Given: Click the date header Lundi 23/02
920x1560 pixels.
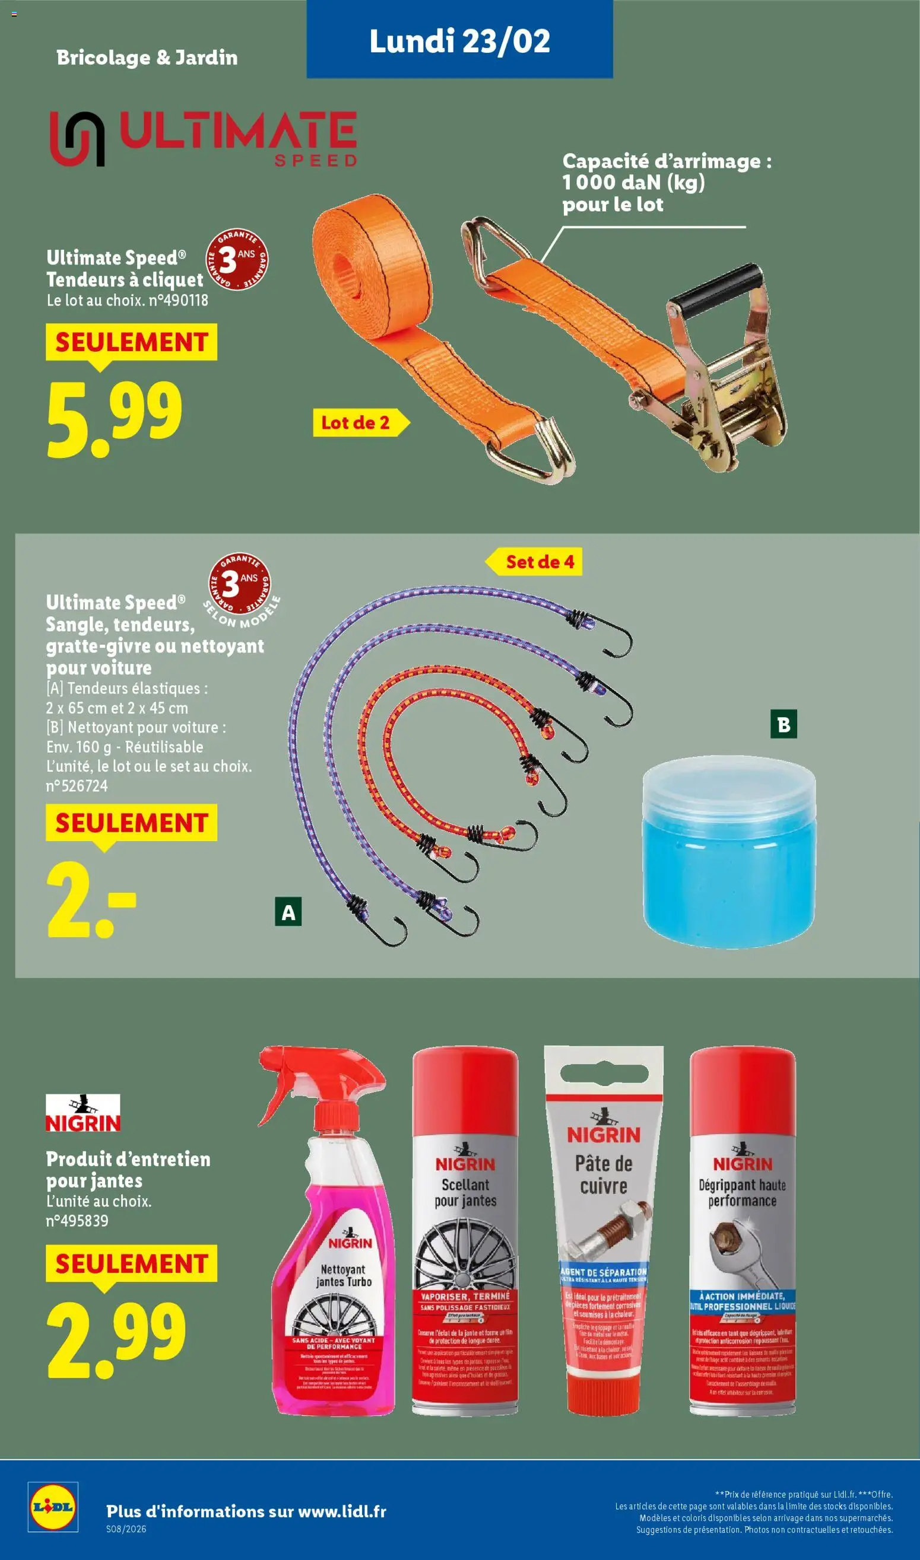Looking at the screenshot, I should point(459,41).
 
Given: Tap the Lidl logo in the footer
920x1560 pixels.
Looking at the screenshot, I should point(53,1506).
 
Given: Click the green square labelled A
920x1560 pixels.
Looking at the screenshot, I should point(288,912).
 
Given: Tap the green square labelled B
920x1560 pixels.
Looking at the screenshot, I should point(783,724).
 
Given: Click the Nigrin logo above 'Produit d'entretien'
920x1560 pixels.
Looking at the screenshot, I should point(83,1113).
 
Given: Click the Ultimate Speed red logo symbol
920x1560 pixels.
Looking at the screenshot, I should point(77,139).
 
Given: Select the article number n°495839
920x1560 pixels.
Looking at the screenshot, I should point(77,1221).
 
